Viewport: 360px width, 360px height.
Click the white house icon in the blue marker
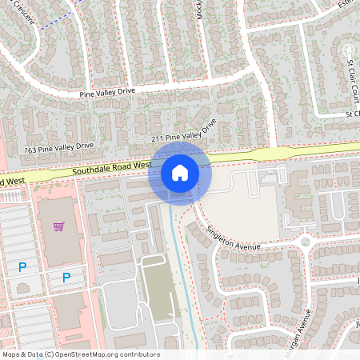tap(180, 172)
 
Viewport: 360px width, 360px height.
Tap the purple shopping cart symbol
tap(58, 226)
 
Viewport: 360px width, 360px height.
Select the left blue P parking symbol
tap(22, 267)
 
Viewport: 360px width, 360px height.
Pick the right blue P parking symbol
tap(66, 278)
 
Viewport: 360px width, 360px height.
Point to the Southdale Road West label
tap(111, 169)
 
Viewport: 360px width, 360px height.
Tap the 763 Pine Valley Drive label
tap(58, 148)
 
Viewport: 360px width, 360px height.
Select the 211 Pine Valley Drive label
tap(184, 134)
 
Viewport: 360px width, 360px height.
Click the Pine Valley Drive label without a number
tap(107, 93)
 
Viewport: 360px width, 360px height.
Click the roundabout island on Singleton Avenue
tap(305, 242)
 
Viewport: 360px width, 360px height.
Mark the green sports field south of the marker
tap(157, 289)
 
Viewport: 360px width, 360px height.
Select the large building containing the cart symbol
tap(60, 232)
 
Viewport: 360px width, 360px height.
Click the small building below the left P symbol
tap(25, 287)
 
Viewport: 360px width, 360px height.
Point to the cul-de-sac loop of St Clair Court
tap(348, 53)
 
